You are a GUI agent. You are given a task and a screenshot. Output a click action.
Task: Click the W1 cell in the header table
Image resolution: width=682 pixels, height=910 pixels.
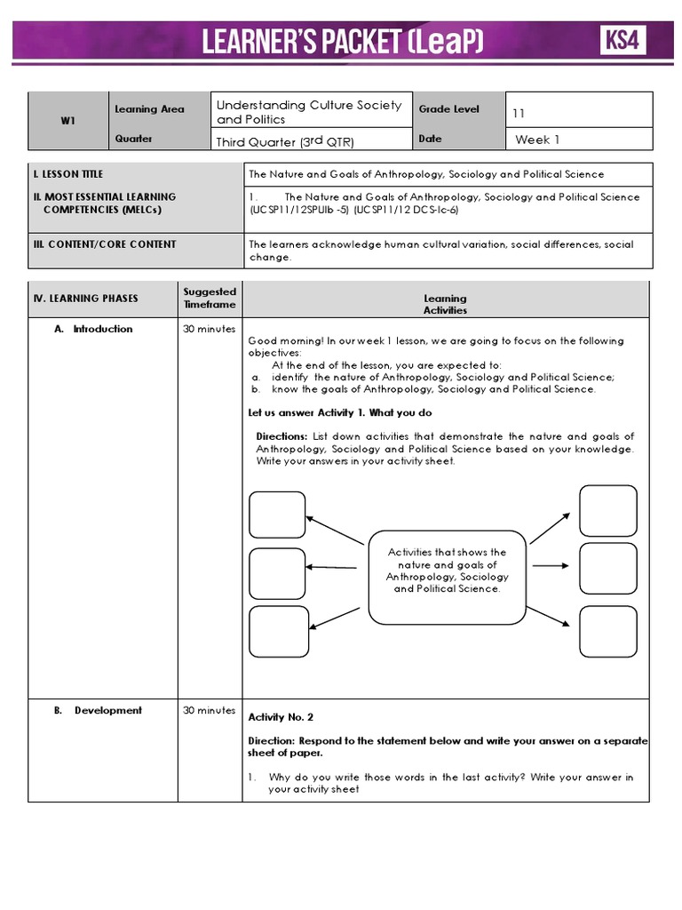click(x=67, y=122)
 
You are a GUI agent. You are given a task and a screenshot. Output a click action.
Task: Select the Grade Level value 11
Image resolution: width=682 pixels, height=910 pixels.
click(x=519, y=114)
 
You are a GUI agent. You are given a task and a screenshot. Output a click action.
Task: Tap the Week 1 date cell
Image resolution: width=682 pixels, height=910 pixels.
click(x=538, y=140)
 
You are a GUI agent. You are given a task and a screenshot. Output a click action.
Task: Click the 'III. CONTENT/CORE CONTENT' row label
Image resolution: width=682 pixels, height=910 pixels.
click(x=105, y=244)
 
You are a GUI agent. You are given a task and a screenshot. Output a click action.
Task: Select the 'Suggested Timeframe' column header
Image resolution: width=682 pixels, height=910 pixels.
click(x=210, y=298)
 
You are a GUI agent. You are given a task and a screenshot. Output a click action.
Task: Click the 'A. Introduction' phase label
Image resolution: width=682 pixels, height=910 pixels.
click(x=93, y=329)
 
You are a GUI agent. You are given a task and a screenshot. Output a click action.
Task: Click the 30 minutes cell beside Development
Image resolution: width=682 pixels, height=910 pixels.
click(x=210, y=710)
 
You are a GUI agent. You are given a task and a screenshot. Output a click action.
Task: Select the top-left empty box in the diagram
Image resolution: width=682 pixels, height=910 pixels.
click(x=276, y=515)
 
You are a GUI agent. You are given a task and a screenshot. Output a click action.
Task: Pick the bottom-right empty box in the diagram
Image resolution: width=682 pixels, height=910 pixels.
click(x=607, y=630)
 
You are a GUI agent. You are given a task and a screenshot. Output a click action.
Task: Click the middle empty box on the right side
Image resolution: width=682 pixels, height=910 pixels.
click(x=607, y=568)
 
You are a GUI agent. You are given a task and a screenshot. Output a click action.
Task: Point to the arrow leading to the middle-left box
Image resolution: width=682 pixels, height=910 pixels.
click(x=333, y=566)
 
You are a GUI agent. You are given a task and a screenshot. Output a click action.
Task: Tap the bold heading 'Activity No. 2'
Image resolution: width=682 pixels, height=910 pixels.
click(x=281, y=717)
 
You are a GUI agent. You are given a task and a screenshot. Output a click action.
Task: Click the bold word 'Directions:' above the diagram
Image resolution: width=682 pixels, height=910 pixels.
click(x=282, y=436)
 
